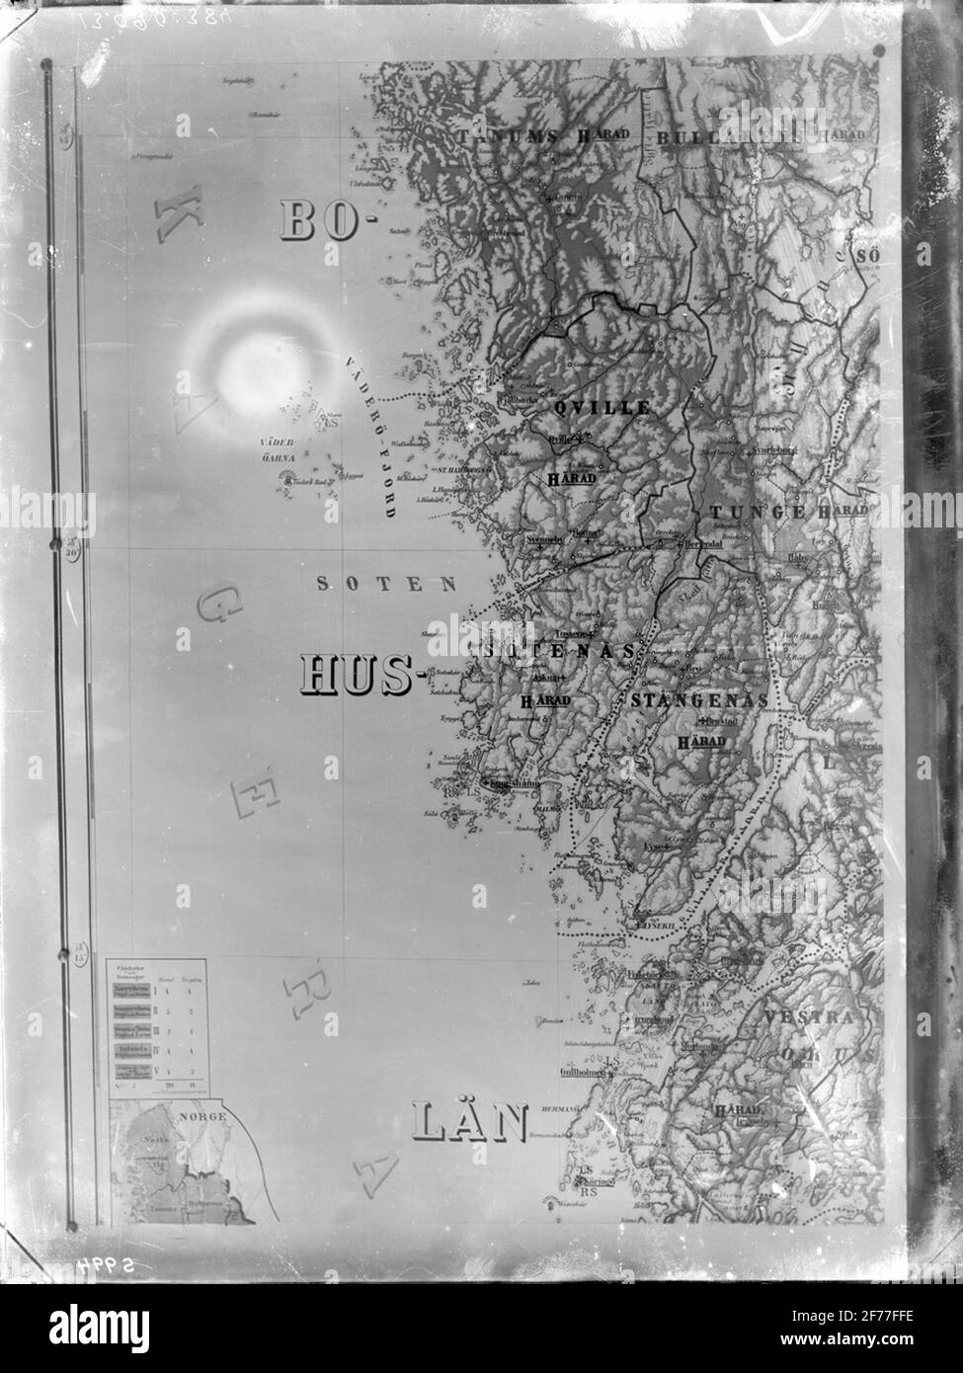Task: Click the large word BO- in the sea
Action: coord(322,221)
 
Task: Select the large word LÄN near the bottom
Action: coord(469,1123)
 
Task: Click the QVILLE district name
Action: coord(601,407)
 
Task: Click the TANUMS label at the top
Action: coord(502,137)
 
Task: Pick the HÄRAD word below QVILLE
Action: coord(572,479)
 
